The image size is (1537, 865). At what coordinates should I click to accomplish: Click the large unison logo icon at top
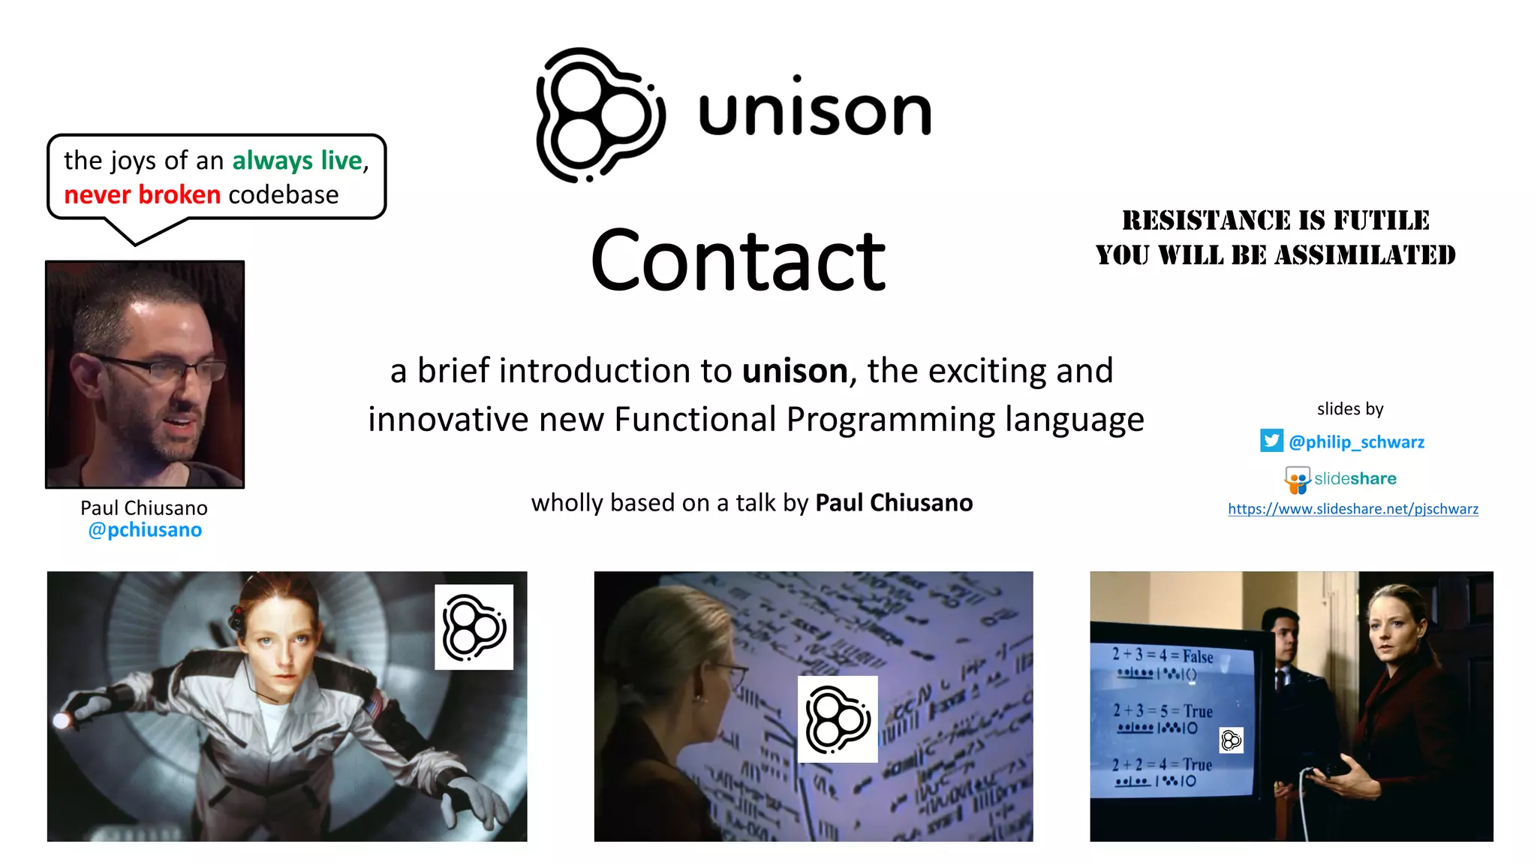tap(599, 115)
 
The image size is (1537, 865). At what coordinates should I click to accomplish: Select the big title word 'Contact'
tap(738, 261)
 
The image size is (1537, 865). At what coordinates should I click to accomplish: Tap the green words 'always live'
tap(297, 161)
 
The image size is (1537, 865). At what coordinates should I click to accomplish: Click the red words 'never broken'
tap(142, 195)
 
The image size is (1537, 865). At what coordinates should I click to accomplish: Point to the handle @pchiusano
tap(145, 530)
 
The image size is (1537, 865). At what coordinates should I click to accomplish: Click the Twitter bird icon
tap(1271, 441)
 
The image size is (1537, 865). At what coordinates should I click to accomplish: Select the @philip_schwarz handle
tap(1356, 442)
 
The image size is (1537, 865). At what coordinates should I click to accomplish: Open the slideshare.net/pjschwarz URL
tap(1352, 509)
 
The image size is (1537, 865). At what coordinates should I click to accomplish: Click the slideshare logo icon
tap(1298, 480)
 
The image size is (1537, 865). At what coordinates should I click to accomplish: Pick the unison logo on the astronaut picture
tap(474, 627)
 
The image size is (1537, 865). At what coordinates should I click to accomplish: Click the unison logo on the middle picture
tap(838, 719)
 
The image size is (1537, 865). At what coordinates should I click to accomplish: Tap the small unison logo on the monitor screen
tap(1231, 741)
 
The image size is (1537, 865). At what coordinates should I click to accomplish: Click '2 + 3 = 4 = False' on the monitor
tap(1162, 656)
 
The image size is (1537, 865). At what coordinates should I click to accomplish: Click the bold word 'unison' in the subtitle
tap(795, 371)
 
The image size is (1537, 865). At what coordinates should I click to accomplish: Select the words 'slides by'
tap(1349, 409)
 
